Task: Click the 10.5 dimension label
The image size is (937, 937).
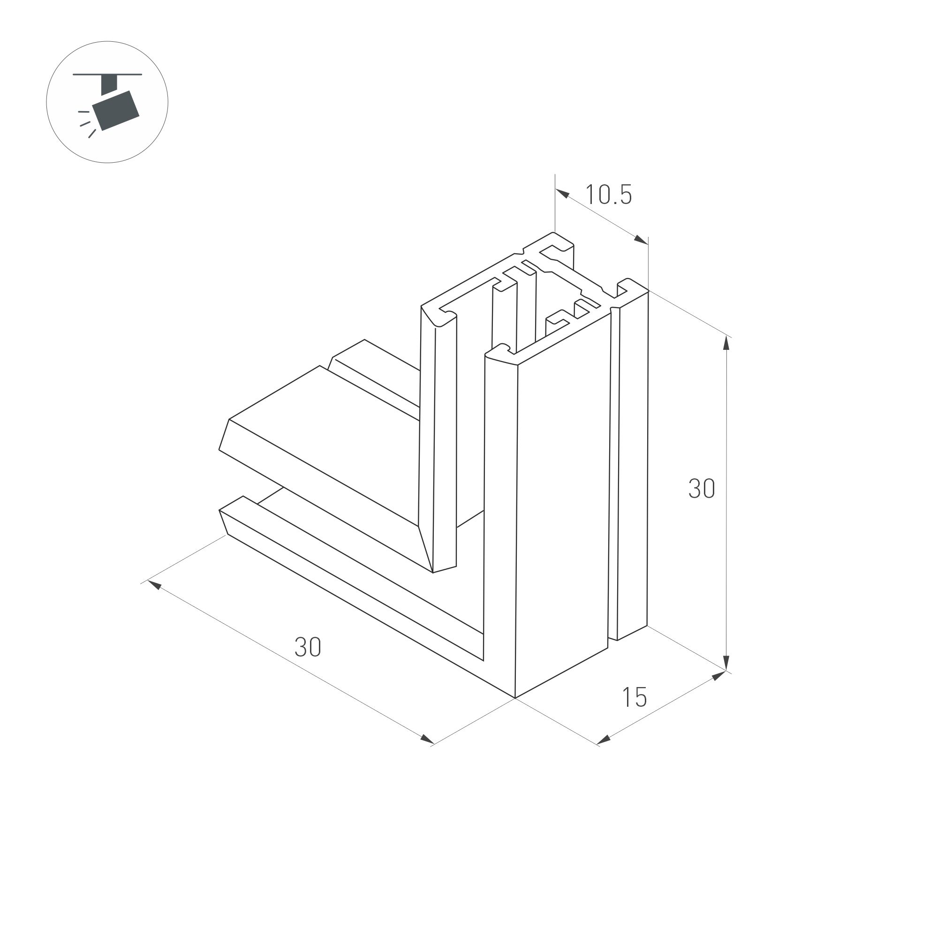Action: tap(609, 195)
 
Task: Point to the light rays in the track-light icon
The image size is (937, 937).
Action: tap(85, 123)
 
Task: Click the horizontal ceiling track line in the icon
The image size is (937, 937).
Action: tap(107, 75)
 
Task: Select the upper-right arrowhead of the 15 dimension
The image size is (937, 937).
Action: tap(719, 676)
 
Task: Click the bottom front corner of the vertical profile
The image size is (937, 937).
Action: tap(515, 698)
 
